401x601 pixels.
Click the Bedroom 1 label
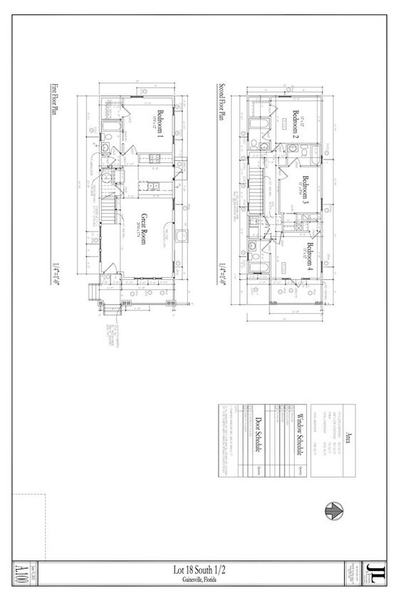click(160, 123)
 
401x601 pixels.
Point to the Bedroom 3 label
click(306, 189)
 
